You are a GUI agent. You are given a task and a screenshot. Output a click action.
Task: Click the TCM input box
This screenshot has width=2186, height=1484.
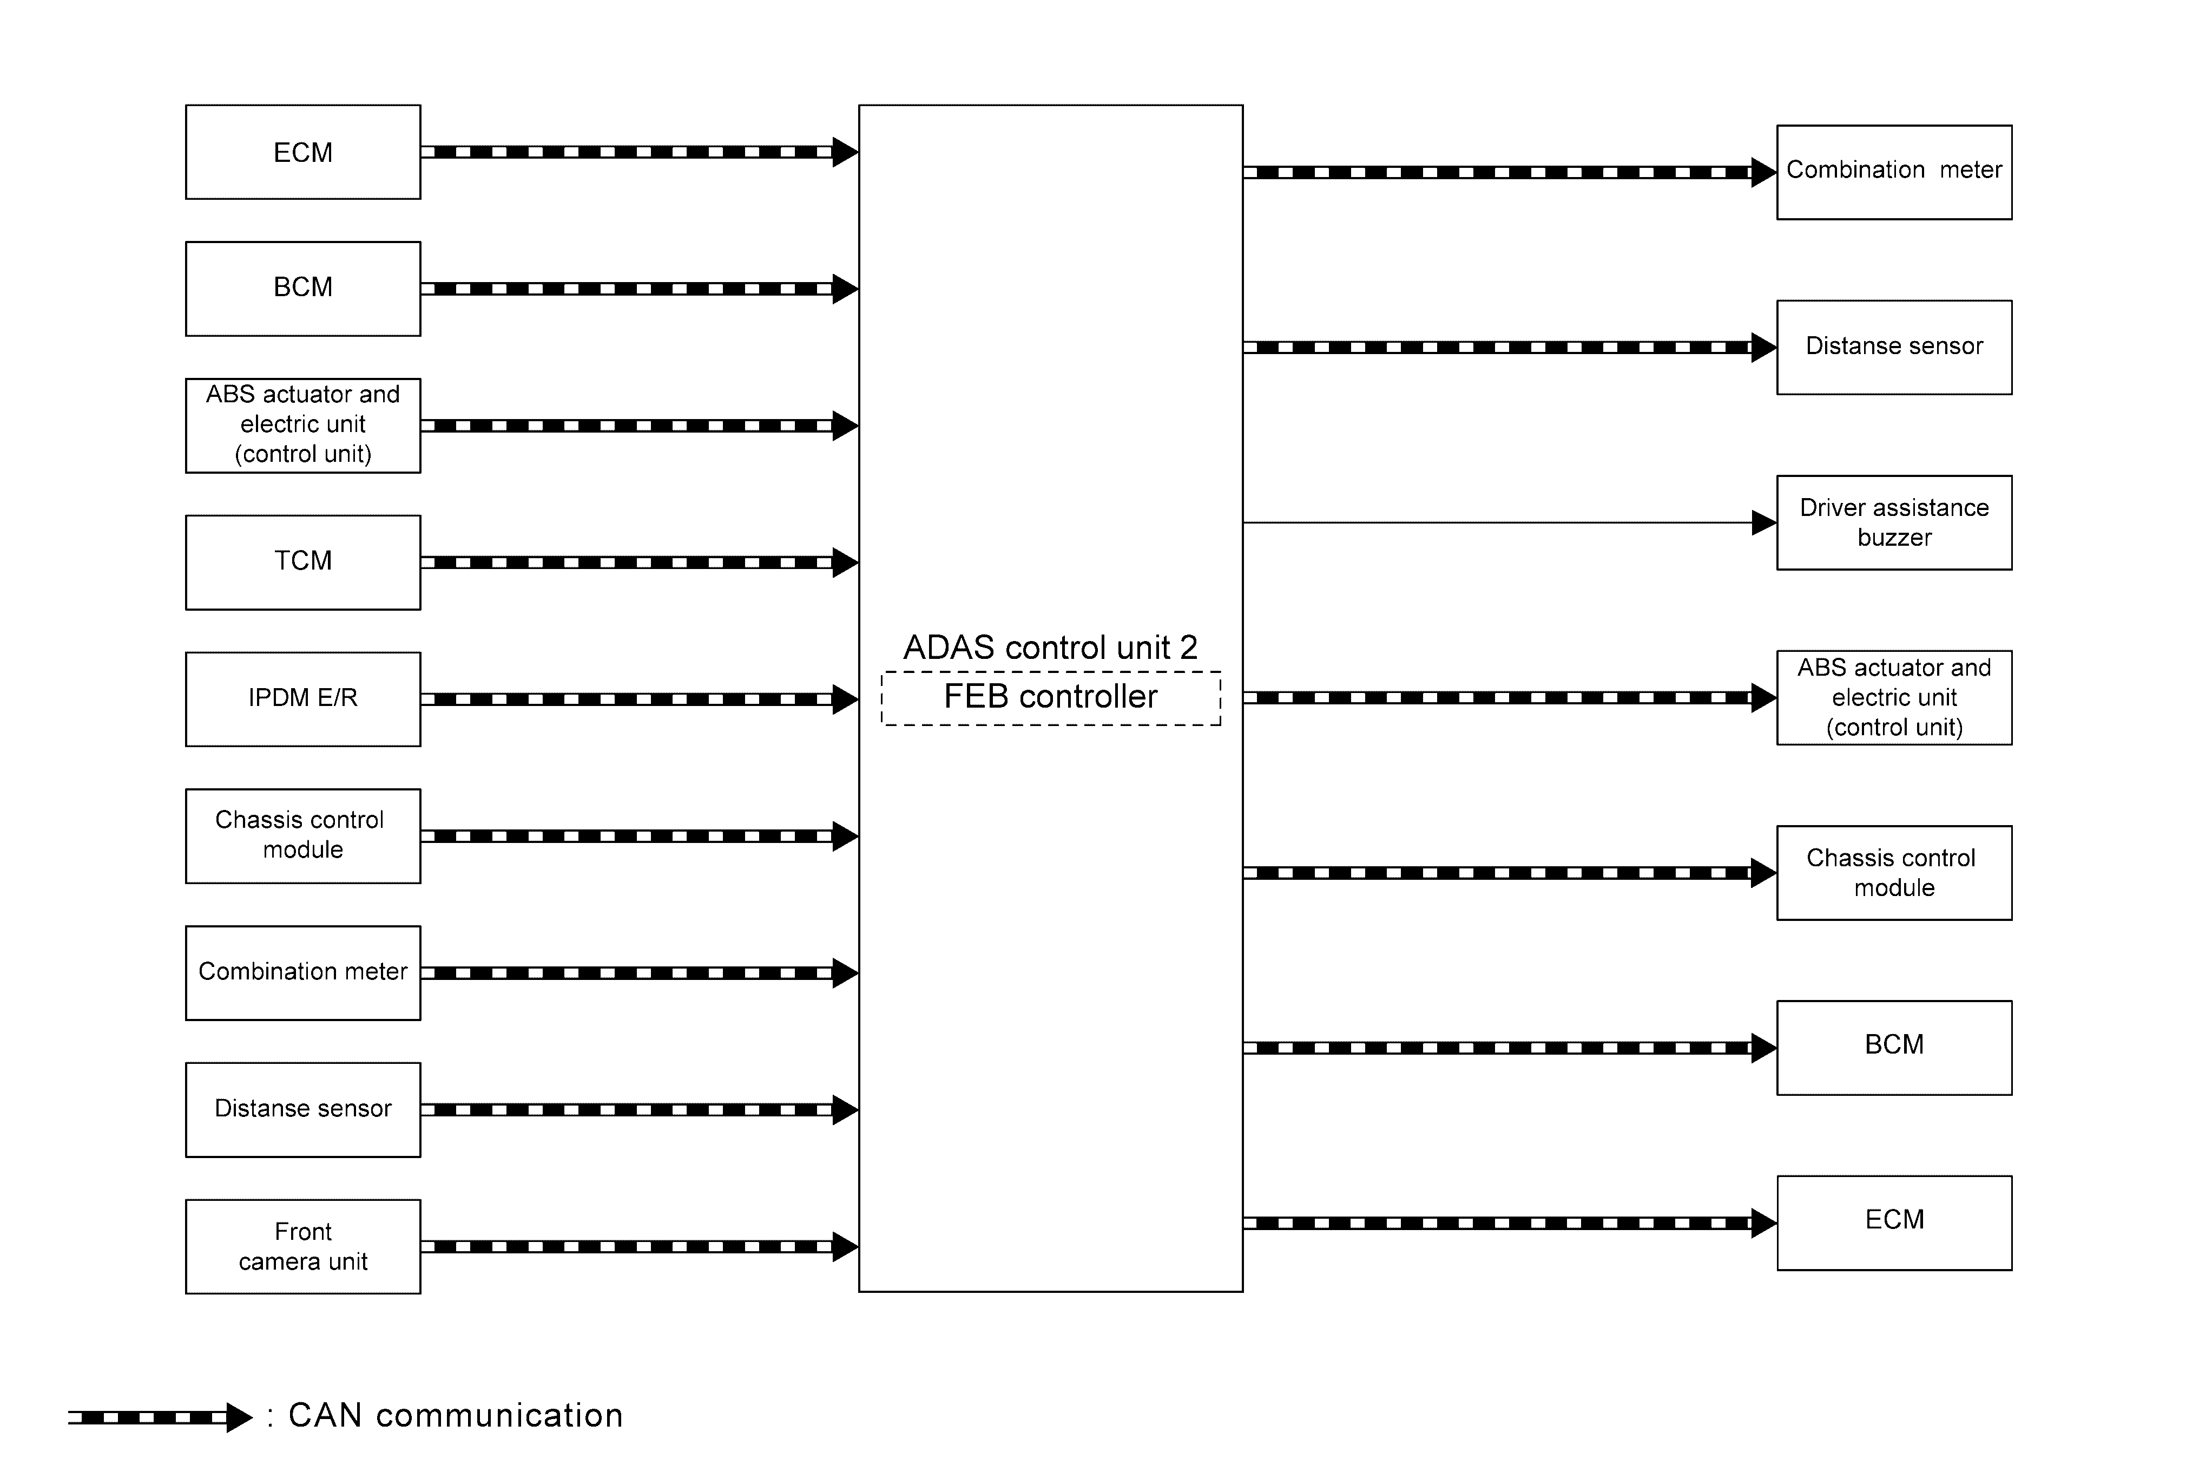(303, 562)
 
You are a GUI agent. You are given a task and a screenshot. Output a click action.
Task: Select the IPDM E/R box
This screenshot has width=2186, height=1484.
(303, 699)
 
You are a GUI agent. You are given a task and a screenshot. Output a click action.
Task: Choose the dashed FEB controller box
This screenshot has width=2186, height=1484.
(1051, 698)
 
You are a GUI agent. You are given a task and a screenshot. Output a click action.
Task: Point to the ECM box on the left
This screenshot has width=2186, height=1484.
(303, 152)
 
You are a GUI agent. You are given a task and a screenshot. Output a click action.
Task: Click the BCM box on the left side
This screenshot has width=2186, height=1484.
(303, 289)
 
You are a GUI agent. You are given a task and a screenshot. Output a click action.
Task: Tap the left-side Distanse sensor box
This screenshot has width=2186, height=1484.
(303, 1109)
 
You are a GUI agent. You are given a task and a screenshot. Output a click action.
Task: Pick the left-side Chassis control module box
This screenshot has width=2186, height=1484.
(303, 835)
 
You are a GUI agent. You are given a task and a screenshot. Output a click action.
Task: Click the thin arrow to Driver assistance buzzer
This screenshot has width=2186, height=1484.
(1510, 522)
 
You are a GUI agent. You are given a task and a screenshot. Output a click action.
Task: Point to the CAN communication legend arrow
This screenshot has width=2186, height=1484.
(160, 1416)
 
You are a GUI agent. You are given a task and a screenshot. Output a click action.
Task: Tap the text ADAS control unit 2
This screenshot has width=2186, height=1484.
(1051, 648)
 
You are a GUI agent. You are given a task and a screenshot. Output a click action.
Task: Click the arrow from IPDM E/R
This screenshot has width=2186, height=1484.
(640, 699)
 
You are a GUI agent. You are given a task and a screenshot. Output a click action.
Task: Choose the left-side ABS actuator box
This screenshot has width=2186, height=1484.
(303, 426)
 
